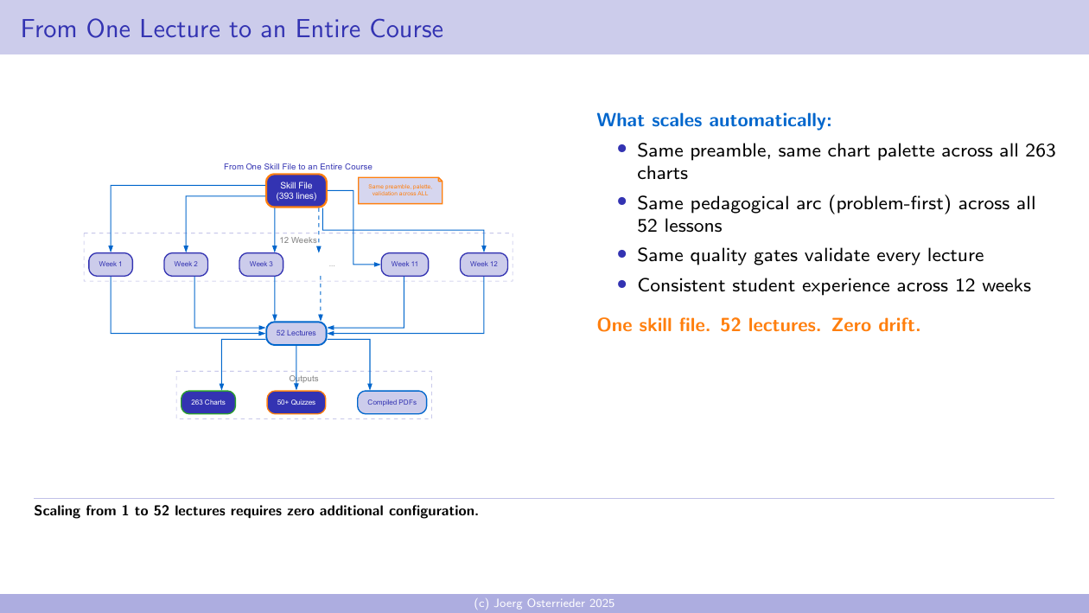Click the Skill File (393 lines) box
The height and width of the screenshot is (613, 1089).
pos(296,191)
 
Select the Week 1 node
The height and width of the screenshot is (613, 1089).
pos(110,264)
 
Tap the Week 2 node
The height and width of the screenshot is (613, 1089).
pos(186,264)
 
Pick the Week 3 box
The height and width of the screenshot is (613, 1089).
pos(261,264)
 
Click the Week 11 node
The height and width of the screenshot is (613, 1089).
pos(404,264)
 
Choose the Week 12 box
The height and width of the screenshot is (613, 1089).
pos(483,264)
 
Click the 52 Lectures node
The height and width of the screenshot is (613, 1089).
pos(296,333)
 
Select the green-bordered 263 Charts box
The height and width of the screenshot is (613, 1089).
pos(207,403)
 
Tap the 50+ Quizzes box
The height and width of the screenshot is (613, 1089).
pos(296,403)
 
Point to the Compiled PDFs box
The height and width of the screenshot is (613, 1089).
pos(392,403)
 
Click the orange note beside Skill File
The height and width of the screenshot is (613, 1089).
pos(400,190)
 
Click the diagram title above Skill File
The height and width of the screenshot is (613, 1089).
pos(297,166)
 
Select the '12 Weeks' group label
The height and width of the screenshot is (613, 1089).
pos(298,240)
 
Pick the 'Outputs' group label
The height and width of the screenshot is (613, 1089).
pos(303,379)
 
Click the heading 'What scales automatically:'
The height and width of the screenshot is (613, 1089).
pos(714,119)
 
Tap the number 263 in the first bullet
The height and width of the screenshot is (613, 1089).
pos(1040,150)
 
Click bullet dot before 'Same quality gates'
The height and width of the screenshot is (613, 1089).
pos(622,254)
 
